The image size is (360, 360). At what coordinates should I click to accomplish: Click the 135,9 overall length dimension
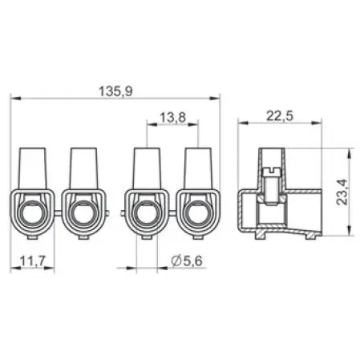point(115,91)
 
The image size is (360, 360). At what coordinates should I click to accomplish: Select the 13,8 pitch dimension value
point(172,117)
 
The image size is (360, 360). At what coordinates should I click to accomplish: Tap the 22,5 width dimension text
point(280,116)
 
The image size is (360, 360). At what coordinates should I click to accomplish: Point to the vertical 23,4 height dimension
point(342,192)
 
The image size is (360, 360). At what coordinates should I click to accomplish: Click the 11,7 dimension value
point(33,261)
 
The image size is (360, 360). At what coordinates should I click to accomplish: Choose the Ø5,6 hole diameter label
point(187,261)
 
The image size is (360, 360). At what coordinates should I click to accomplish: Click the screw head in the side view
point(271,172)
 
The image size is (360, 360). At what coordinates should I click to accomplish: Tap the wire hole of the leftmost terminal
point(34,214)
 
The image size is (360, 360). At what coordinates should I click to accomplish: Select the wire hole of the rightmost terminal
point(198,214)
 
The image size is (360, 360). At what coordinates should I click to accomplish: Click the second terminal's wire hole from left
point(83,214)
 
